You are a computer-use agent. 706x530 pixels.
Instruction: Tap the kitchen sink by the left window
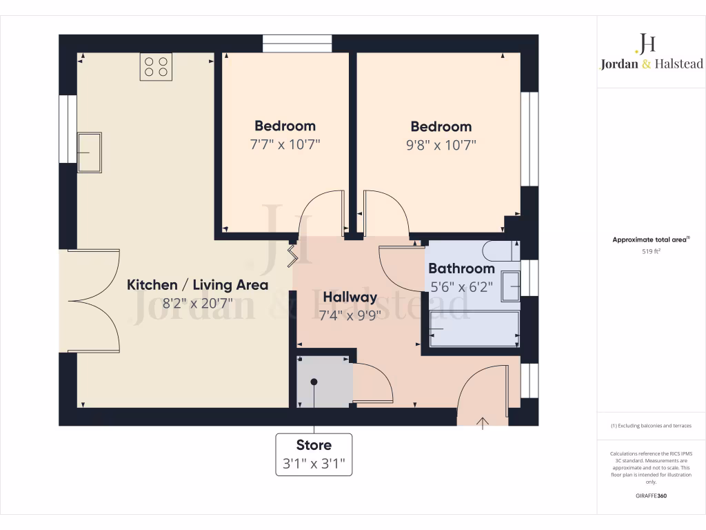[x=89, y=153]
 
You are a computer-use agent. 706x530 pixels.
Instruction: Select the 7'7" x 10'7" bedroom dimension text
[x=285, y=145]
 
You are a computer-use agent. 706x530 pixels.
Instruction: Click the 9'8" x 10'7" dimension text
[x=441, y=145]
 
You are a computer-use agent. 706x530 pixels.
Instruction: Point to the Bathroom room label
[x=461, y=268]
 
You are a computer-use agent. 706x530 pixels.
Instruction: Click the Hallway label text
[x=350, y=297]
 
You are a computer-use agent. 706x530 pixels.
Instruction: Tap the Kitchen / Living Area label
[x=197, y=284]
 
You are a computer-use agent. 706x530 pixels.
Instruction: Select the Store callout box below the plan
[x=314, y=454]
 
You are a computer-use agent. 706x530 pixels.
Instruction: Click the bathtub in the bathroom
[x=474, y=329]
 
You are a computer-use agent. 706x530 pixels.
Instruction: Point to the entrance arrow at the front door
[x=483, y=422]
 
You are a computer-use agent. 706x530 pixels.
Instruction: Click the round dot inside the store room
[x=314, y=382]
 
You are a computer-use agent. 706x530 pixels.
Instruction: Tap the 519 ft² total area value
[x=651, y=252]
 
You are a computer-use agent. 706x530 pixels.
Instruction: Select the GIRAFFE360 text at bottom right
[x=651, y=495]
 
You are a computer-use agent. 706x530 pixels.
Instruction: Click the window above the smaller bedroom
[x=297, y=43]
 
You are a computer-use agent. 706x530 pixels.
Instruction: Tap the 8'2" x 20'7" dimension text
[x=197, y=303]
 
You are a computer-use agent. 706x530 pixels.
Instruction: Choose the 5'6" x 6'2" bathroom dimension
[x=461, y=286]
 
